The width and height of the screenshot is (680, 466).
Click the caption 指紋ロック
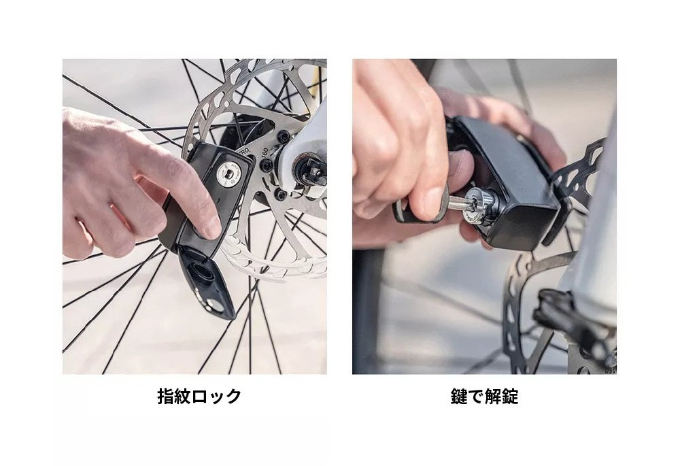199,397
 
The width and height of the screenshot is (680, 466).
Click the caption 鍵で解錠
484,397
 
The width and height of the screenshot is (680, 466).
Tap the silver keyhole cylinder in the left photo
228,176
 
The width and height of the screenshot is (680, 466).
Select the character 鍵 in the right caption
459,397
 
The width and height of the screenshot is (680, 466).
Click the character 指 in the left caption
166,397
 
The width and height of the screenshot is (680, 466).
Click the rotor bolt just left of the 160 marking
266,165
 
